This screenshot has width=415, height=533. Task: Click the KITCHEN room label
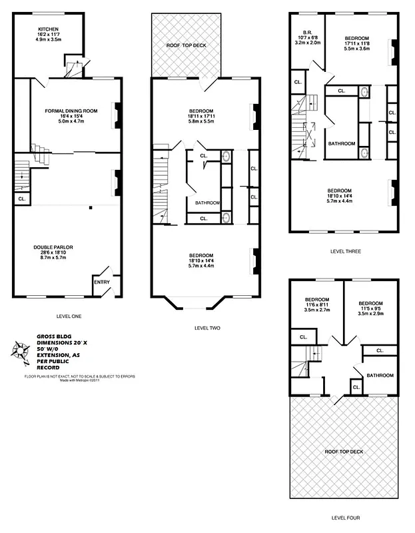click(x=49, y=29)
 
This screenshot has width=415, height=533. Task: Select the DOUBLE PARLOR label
click(x=53, y=247)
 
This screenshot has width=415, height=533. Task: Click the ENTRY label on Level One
click(x=103, y=282)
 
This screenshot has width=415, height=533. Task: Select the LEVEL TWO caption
click(x=207, y=328)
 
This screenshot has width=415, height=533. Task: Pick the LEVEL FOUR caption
click(x=346, y=517)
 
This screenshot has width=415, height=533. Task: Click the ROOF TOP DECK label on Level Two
click(x=186, y=45)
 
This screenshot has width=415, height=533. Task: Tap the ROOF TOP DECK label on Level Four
click(x=344, y=452)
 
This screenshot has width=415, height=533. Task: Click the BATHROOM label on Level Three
click(x=342, y=143)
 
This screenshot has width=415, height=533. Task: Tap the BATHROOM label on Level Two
click(x=207, y=203)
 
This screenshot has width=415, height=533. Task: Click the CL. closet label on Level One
click(x=22, y=199)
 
